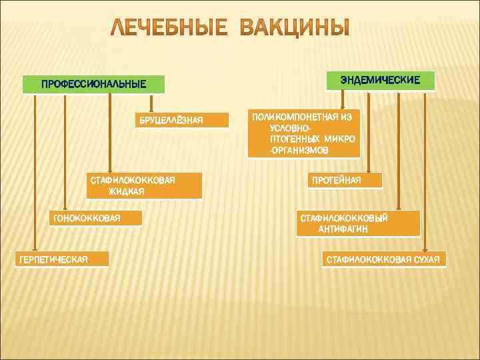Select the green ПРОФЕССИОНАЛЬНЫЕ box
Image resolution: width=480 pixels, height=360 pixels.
pos(93,85)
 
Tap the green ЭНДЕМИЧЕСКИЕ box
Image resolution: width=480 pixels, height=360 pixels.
pos(380,80)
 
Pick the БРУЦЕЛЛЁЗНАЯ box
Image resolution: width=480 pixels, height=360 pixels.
pos(170,120)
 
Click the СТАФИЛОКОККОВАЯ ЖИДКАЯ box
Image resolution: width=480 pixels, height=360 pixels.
pos(143,186)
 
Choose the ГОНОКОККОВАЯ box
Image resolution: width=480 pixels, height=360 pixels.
pos(96,218)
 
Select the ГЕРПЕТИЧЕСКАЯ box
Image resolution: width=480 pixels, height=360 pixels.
pos(62,259)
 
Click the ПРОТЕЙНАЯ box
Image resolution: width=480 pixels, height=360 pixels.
pos(344,180)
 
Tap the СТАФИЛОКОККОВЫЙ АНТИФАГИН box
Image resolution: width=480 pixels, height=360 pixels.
pos(357,223)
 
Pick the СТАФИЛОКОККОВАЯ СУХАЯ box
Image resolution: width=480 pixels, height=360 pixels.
pos(385,259)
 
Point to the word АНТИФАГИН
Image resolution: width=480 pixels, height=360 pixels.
pos(343,229)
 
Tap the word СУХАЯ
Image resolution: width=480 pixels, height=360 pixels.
pos(425,259)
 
